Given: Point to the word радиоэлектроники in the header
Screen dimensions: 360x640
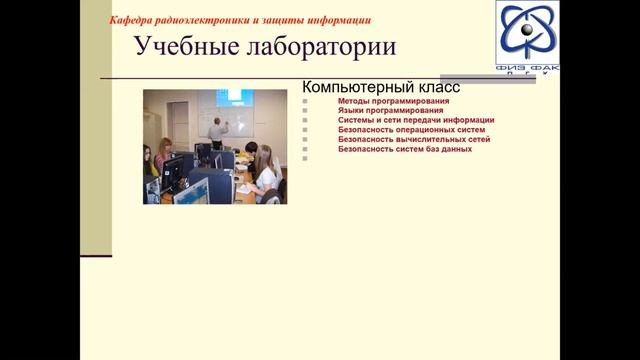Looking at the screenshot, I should coord(211,19).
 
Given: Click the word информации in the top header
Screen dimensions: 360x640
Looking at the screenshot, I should coord(337,19).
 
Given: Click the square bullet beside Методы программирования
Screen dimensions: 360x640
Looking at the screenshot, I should coord(305,101).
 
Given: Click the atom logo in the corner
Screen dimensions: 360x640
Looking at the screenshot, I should coord(527,31).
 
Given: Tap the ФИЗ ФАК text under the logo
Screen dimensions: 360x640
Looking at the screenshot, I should coord(527,67).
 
